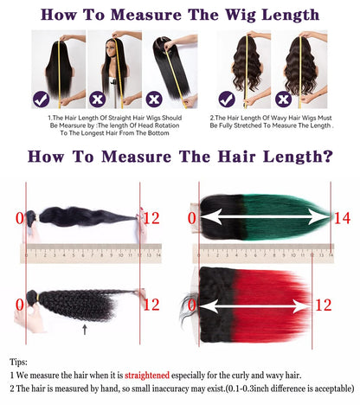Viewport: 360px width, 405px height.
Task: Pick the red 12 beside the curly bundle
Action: click(x=151, y=305)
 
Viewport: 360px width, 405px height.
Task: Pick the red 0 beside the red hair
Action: click(x=192, y=305)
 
